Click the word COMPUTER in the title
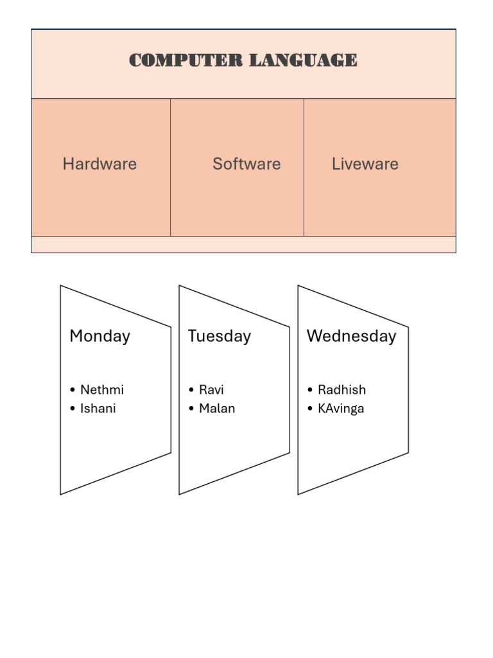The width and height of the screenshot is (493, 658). click(186, 60)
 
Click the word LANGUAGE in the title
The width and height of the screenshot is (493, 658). click(303, 60)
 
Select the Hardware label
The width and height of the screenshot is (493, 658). click(99, 164)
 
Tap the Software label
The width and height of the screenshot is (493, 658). click(246, 164)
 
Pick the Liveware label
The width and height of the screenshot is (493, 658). click(365, 164)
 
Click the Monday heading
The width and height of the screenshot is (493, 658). click(99, 336)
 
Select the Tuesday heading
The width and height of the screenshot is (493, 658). click(219, 336)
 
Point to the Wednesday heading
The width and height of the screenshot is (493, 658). click(351, 336)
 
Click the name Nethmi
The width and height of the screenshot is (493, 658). click(102, 390)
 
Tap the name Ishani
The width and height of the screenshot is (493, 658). click(98, 409)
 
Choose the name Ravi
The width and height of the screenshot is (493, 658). click(211, 390)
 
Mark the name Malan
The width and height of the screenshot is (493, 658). click(217, 409)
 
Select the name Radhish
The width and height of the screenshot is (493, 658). click(342, 390)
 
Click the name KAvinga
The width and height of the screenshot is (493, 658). click(341, 409)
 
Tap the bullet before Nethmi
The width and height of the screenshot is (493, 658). click(73, 391)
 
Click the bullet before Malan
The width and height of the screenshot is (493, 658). click(191, 409)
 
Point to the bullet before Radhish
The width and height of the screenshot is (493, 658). click(310, 391)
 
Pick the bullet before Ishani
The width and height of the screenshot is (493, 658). click(73, 409)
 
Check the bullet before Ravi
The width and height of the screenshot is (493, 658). click(191, 391)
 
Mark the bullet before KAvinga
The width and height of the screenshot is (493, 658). click(310, 409)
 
